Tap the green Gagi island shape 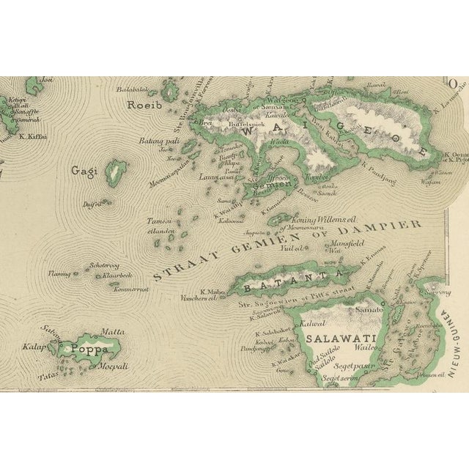click(114, 173)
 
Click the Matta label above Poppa click(112, 332)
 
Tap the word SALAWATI click(331, 339)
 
